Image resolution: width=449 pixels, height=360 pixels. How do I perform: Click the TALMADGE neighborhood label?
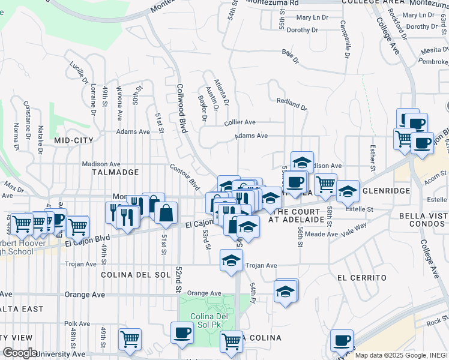coord(115,172)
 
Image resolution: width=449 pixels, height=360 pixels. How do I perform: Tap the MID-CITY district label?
coord(71,140)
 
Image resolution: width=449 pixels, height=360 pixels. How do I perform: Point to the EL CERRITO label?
coord(361,278)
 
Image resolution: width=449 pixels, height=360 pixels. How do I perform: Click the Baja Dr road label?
coord(291,58)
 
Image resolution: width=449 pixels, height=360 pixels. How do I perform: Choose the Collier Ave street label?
coord(240,122)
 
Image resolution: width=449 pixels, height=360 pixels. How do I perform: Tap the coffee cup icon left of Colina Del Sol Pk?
coord(182,332)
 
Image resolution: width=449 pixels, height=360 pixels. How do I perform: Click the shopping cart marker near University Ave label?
coord(130,339)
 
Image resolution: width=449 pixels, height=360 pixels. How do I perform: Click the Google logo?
coord(21,353)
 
